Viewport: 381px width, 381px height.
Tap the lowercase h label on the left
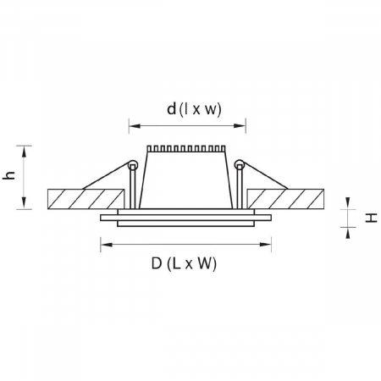coord(10,175)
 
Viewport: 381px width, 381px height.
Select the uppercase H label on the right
coord(371,218)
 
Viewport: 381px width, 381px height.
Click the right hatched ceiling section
coord(287,199)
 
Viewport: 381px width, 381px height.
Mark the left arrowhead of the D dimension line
coord(104,246)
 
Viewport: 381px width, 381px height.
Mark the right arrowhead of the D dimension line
coord(268,246)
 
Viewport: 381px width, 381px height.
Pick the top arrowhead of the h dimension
coord(28,148)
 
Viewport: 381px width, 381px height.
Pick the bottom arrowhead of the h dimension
coord(28,205)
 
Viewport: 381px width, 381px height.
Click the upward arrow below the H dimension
coord(348,229)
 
